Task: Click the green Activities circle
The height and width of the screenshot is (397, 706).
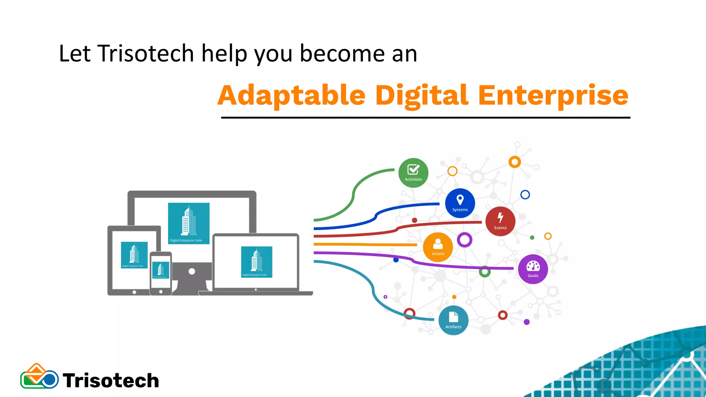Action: pos(413,173)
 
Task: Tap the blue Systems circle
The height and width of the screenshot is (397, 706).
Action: pos(460,203)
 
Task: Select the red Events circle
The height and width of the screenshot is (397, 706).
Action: pos(500,221)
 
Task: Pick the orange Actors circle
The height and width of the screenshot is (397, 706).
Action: pos(438,247)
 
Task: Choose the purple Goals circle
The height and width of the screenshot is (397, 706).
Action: pos(533,269)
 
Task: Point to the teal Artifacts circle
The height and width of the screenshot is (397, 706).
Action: pos(453,320)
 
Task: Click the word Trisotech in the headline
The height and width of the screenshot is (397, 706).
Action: pos(146,53)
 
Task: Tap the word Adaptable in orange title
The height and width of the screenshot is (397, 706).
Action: pos(292,95)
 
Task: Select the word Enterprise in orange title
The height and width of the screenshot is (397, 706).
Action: pos(553,95)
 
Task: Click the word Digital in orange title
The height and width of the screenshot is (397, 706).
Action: pos(422,95)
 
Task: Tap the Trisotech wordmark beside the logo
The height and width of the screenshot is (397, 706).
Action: pos(111,380)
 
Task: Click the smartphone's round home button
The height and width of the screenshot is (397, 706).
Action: pos(161,292)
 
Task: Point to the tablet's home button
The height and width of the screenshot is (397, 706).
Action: pos(134,292)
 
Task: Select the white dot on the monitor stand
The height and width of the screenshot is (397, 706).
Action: pos(192,272)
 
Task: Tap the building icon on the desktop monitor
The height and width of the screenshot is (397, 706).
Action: pos(189,222)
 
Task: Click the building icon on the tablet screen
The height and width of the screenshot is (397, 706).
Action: pos(134,254)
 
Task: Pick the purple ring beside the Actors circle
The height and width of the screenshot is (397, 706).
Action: pos(464,240)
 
